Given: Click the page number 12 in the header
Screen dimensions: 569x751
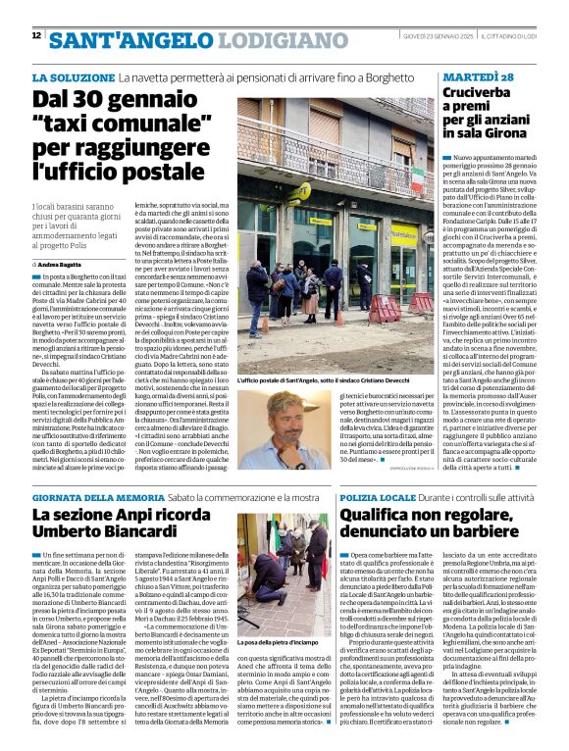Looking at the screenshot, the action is (x=36, y=36).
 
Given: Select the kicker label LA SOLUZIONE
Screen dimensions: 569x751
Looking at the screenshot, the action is (x=73, y=76).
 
